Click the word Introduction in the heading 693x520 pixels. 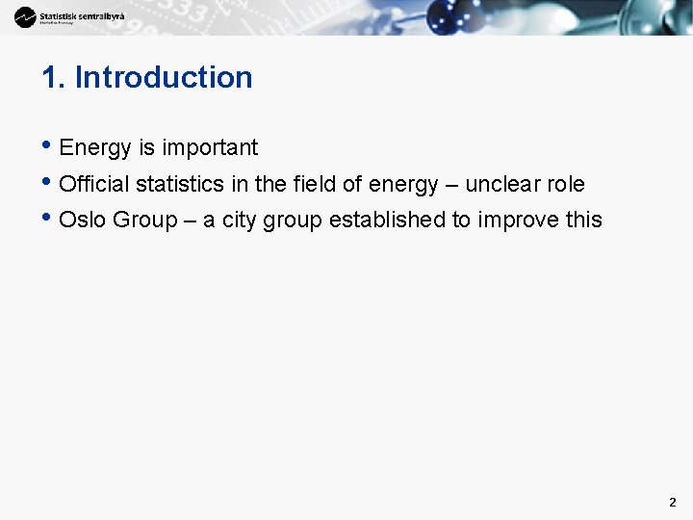click(164, 78)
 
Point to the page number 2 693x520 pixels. click(672, 502)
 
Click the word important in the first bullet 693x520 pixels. click(210, 148)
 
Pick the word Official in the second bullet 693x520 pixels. click(94, 184)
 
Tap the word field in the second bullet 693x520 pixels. click(315, 184)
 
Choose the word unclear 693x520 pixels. click(501, 184)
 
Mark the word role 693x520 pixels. click(565, 184)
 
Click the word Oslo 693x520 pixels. click(83, 221)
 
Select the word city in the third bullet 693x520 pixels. click(240, 221)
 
